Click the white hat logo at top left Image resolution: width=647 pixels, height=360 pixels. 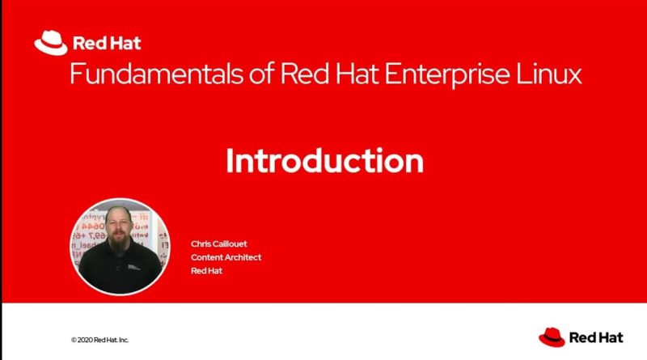pyautogui.click(x=51, y=43)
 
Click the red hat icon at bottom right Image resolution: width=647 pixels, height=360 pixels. pyautogui.click(x=552, y=337)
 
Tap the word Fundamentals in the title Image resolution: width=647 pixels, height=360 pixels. pyautogui.click(x=157, y=74)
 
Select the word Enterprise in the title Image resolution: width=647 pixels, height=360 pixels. pyautogui.click(x=447, y=74)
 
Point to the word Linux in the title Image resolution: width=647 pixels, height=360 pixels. pyautogui.click(x=549, y=74)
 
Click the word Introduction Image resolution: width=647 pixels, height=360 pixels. pyautogui.click(x=325, y=161)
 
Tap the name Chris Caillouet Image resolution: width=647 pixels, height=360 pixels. pyautogui.click(x=218, y=244)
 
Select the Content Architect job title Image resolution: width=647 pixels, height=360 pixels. pyautogui.click(x=226, y=257)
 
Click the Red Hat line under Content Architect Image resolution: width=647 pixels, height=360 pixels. pyautogui.click(x=206, y=271)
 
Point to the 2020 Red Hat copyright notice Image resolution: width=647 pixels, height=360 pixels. pyautogui.click(x=99, y=341)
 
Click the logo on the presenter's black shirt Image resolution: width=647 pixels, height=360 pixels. pyautogui.click(x=133, y=267)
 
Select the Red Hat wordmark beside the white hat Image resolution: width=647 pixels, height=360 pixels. pyautogui.click(x=107, y=44)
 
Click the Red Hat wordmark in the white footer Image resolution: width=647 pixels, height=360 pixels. pyautogui.click(x=596, y=337)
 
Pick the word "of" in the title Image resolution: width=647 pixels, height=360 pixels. pyautogui.click(x=261, y=74)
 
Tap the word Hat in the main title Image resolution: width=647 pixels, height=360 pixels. pyautogui.click(x=357, y=74)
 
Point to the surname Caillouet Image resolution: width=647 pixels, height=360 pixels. pyautogui.click(x=229, y=244)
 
